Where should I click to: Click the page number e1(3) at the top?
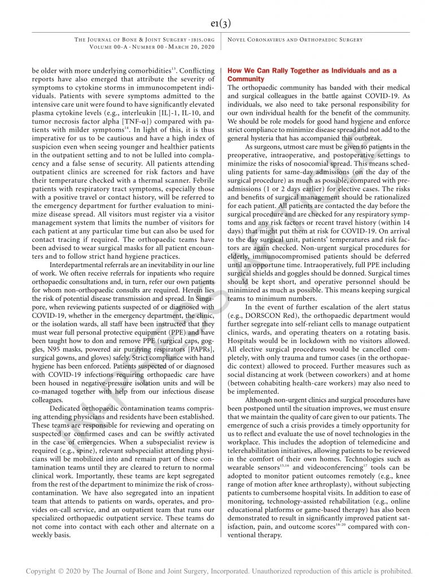(221, 23)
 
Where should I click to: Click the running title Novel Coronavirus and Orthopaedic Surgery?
(295, 39)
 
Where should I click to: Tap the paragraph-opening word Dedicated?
(71, 408)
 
